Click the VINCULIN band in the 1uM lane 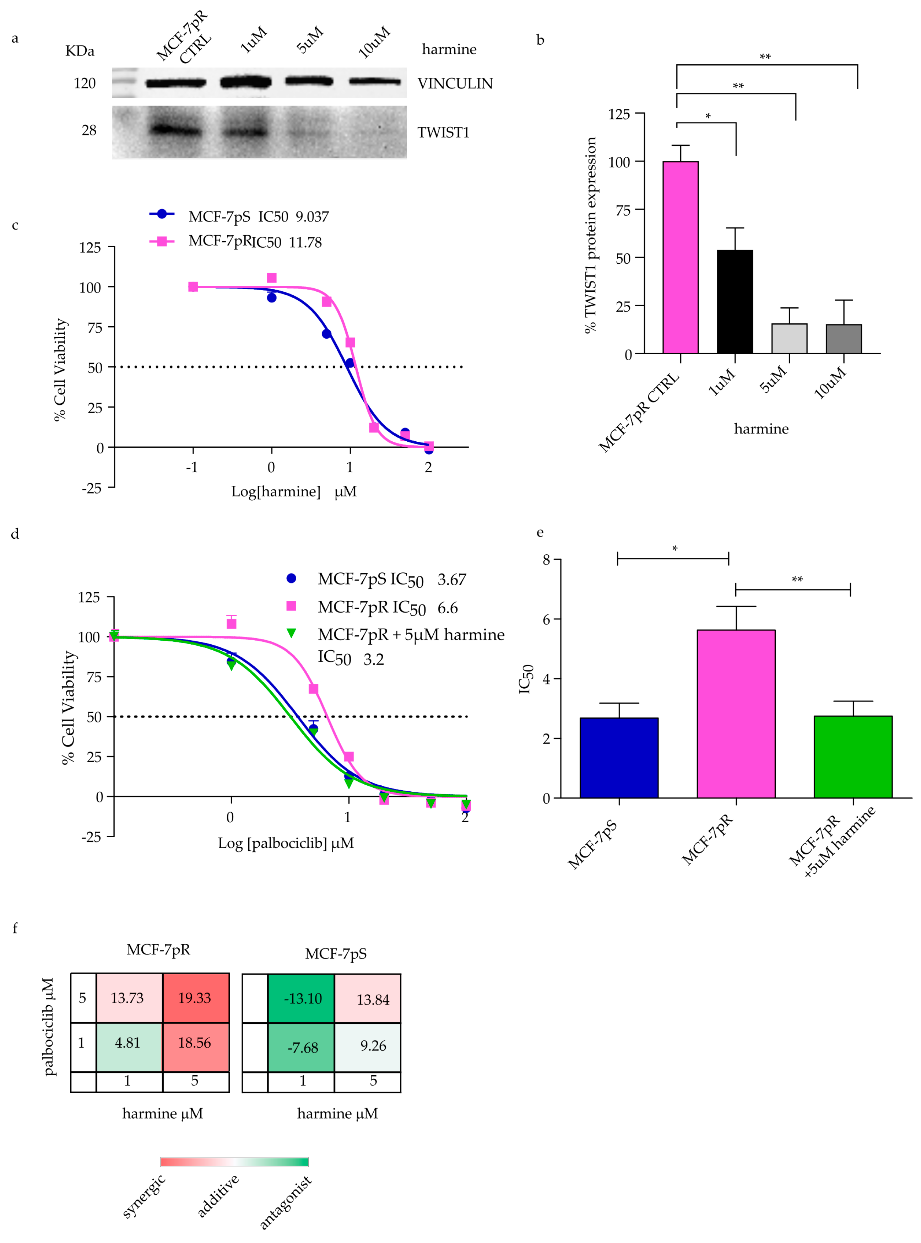pyautogui.click(x=246, y=82)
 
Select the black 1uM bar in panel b pyautogui.click(x=735, y=302)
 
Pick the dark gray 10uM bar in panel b pyautogui.click(x=844, y=339)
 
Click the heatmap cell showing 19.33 pyautogui.click(x=195, y=998)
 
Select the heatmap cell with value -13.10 pyautogui.click(x=301, y=998)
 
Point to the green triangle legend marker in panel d pyautogui.click(x=291, y=634)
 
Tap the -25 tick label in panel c pyautogui.click(x=92, y=489)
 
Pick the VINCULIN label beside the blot pyautogui.click(x=455, y=84)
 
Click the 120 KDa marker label pyautogui.click(x=85, y=84)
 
